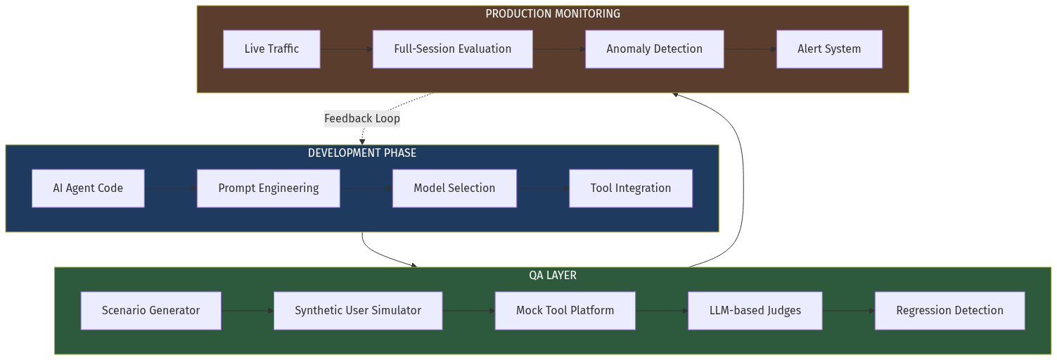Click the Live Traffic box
271,49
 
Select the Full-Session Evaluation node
452,49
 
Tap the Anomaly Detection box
654,49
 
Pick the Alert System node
828,49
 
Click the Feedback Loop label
361,119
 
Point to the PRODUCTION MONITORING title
552,14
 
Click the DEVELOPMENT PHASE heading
361,153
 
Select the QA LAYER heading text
552,276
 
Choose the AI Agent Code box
88,188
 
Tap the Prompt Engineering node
268,188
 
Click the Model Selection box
454,188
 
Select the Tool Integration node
630,188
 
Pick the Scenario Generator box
150,311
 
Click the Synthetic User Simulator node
357,311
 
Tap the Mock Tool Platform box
565,311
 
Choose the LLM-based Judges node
755,311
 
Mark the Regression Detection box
949,311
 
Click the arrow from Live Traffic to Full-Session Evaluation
346,49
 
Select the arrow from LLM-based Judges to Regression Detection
848,311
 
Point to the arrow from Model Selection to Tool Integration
542,188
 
